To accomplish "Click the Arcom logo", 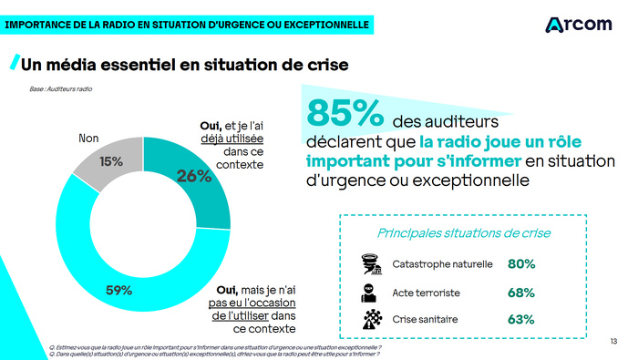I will click(x=578, y=24).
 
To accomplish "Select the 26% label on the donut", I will click(x=194, y=176).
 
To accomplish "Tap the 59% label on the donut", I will click(x=119, y=291).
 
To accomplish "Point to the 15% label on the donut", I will click(x=111, y=161).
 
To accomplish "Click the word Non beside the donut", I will click(x=88, y=139).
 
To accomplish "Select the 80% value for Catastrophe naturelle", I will click(x=521, y=264).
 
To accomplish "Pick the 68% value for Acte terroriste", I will click(x=521, y=293).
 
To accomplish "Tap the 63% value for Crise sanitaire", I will click(x=521, y=320).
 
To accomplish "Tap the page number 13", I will click(x=613, y=341).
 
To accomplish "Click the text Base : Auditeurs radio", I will click(x=61, y=89).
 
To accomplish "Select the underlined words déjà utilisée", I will click(x=232, y=139).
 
